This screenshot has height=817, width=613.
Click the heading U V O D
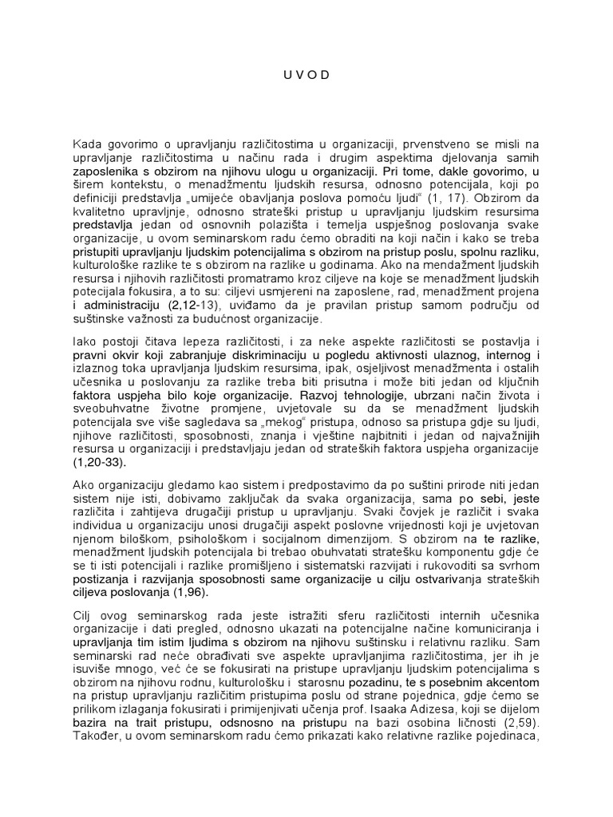[306, 76]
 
